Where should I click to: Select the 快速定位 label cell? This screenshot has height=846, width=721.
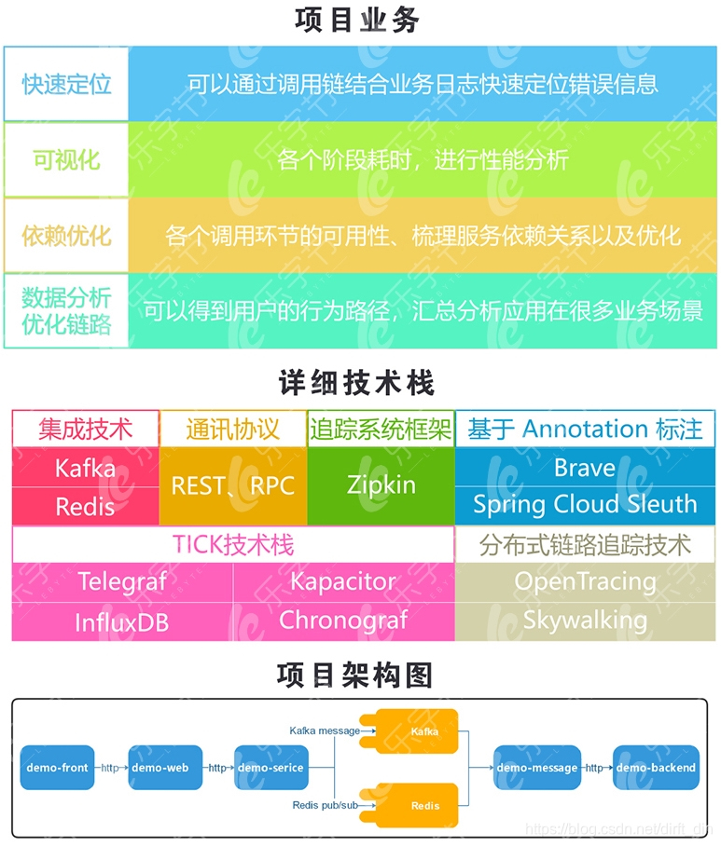[66, 84]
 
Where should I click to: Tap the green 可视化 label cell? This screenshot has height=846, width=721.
[66, 159]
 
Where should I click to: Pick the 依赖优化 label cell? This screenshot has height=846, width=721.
[66, 235]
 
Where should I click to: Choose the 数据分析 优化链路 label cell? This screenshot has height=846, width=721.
[66, 310]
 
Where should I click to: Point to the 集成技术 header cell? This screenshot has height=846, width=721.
[85, 429]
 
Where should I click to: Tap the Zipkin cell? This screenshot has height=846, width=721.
[381, 484]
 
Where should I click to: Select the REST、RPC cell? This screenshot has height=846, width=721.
[232, 484]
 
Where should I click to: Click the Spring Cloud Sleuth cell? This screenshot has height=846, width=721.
[585, 504]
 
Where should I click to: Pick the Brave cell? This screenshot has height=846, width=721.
[585, 467]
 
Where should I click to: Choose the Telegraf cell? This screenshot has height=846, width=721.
[122, 582]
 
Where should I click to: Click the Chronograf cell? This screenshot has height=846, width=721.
[343, 621]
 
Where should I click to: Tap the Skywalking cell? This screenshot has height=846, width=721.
[585, 621]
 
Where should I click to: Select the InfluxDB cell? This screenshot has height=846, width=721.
[122, 621]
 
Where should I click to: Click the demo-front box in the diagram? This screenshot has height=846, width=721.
[58, 768]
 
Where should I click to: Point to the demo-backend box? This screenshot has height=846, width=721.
[656, 768]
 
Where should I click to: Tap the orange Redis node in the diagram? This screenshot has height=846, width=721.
[424, 804]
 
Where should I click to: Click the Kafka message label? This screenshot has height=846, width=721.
[324, 730]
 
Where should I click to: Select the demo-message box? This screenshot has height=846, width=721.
[536, 768]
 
